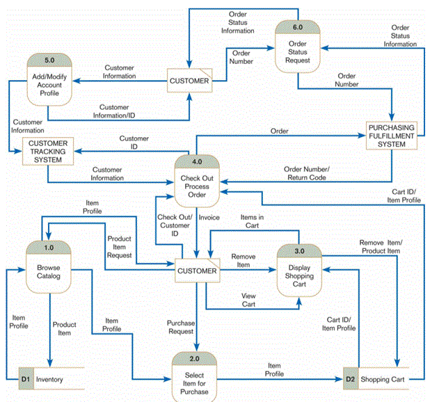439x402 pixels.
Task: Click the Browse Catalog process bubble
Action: tap(49, 268)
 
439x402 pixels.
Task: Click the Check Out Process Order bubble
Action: tap(197, 183)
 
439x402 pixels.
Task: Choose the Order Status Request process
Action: tap(298, 49)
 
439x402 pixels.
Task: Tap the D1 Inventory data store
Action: tap(49, 379)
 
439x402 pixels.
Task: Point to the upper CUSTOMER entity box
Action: tap(190, 81)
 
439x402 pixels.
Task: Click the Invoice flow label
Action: tap(209, 218)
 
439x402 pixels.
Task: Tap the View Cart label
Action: tap(248, 300)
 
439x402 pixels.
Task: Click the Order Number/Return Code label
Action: tap(307, 173)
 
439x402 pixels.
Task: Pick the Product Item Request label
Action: tap(119, 246)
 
